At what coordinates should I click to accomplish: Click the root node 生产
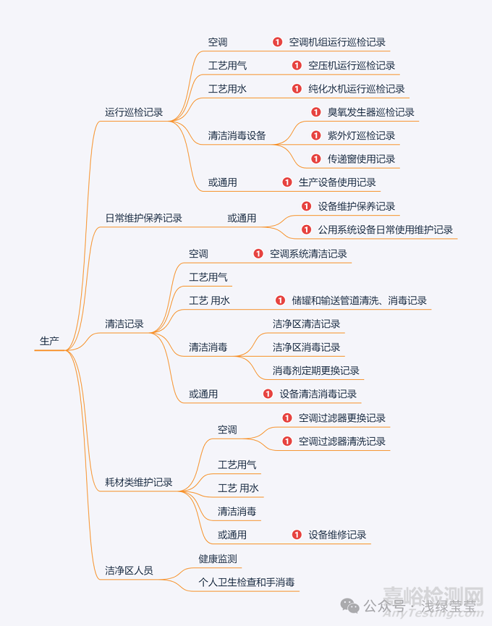click(49, 341)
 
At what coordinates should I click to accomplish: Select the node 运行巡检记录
click(134, 112)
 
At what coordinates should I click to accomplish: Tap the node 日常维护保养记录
click(143, 218)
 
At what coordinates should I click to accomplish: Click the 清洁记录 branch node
click(124, 324)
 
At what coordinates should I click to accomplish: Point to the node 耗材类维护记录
click(139, 482)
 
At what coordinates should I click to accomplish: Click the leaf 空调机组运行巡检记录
click(337, 42)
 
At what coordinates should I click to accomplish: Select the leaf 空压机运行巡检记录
click(352, 66)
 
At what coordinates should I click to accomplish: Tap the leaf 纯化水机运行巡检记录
click(357, 89)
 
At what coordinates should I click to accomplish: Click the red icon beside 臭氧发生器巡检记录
click(315, 112)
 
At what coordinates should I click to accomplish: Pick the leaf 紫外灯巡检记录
click(361, 135)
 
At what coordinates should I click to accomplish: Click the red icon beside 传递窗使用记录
click(315, 158)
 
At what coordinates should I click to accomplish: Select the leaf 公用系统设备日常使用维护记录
click(385, 229)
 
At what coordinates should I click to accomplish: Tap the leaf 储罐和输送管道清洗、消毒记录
click(359, 300)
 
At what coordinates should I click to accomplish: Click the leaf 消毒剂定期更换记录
click(316, 371)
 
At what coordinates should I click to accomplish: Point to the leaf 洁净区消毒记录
click(306, 347)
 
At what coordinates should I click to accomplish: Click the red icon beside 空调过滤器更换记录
click(287, 418)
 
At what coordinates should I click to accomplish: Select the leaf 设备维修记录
click(337, 535)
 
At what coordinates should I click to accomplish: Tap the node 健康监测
click(218, 559)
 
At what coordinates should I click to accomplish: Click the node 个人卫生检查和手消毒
click(247, 582)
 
